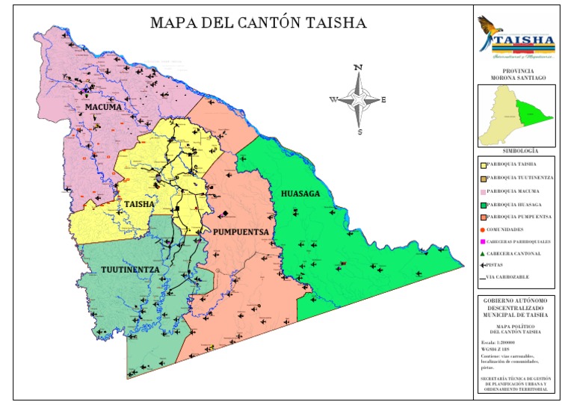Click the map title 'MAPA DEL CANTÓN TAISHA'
coord(258,23)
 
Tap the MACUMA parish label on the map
coord(102,108)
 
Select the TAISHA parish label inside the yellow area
coord(139,204)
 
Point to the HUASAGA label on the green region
coord(300,194)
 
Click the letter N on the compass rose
coord(358,68)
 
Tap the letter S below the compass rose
coord(359,132)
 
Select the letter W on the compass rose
coord(333,99)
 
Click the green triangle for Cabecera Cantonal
coord(482,253)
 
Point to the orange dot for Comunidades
coord(482,229)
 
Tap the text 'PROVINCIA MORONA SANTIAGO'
coord(516,73)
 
